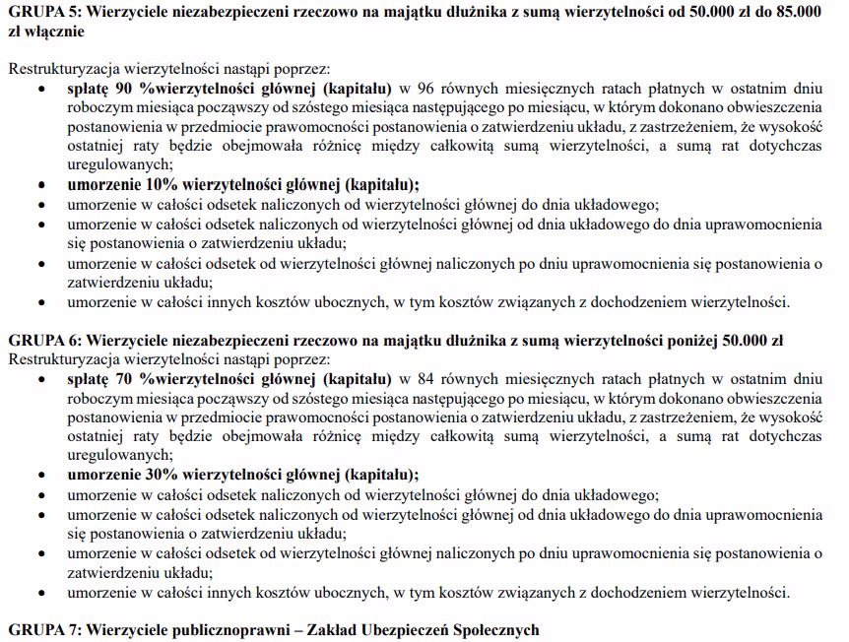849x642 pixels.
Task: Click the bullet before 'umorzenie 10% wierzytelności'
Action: tap(40, 185)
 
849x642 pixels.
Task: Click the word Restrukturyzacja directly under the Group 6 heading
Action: tap(56, 359)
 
